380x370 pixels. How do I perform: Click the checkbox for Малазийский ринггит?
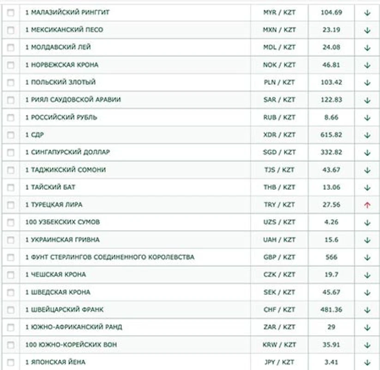(11, 13)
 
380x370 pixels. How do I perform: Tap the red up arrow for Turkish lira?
(367, 205)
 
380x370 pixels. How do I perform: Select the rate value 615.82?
(331, 135)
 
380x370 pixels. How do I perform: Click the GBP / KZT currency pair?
(279, 257)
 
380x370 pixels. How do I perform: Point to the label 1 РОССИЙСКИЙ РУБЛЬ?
(61, 117)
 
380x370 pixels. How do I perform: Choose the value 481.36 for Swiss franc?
(331, 310)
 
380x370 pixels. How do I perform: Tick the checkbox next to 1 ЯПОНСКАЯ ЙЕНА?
(11, 362)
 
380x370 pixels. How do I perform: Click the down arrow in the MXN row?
(367, 31)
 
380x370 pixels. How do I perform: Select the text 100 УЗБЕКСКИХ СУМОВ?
(63, 222)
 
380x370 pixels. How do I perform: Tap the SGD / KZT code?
(279, 152)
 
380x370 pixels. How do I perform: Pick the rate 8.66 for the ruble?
(331, 117)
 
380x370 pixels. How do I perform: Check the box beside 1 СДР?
(11, 135)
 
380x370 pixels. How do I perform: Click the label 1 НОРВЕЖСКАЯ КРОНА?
(62, 65)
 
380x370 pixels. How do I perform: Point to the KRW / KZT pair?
(279, 345)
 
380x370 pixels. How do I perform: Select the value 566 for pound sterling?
(331, 257)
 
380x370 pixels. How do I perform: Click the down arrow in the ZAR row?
(367, 327)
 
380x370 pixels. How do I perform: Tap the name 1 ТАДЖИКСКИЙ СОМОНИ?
(66, 170)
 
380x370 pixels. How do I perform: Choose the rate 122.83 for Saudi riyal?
(331, 100)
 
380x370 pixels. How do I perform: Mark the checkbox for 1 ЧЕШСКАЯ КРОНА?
(11, 275)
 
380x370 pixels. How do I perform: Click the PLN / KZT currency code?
(279, 82)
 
